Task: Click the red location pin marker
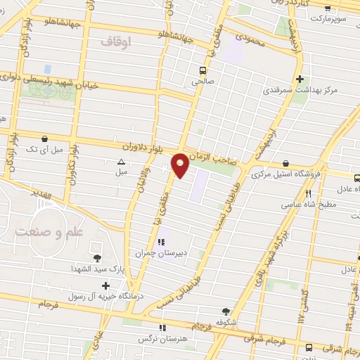point(181,165)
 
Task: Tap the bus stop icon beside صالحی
point(202,70)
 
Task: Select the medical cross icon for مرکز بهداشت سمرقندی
point(300,79)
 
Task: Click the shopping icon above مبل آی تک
point(45,139)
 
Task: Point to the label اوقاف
point(116,43)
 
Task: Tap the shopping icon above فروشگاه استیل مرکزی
point(285,163)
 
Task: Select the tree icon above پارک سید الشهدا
point(96,258)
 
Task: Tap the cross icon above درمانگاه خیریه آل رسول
point(105,285)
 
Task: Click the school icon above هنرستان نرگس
point(162,328)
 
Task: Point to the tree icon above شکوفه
point(225,311)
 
